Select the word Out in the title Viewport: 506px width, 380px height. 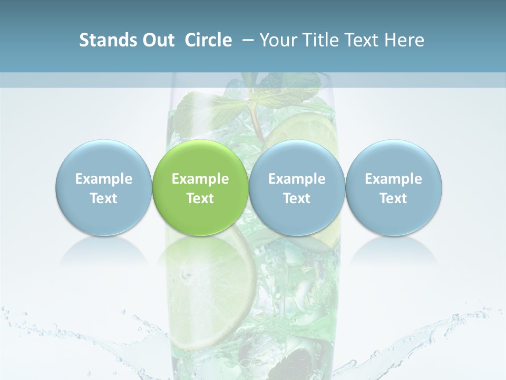point(157,40)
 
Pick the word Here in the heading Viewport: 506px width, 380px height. point(404,40)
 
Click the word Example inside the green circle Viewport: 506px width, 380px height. point(200,179)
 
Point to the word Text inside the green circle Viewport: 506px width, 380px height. point(200,198)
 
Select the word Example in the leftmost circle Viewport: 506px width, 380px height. point(103,179)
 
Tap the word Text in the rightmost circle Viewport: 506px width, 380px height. point(394,198)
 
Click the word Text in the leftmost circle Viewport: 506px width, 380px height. point(103,198)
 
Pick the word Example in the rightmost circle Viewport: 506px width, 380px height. point(394,179)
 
